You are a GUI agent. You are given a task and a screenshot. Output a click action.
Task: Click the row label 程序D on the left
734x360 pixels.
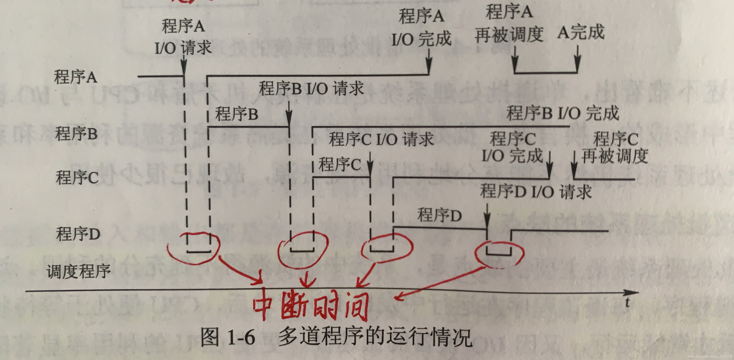pos(78,234)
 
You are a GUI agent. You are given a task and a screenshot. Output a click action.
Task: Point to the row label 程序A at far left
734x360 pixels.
pos(75,77)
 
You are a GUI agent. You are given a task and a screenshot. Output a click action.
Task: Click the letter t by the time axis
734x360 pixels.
pos(627,303)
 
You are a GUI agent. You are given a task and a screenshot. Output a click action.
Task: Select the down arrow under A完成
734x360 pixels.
pos(578,58)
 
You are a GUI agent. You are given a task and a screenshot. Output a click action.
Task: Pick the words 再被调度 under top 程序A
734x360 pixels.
pos(509,35)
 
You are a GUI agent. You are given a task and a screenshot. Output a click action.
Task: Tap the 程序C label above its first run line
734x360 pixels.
pos(339,165)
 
